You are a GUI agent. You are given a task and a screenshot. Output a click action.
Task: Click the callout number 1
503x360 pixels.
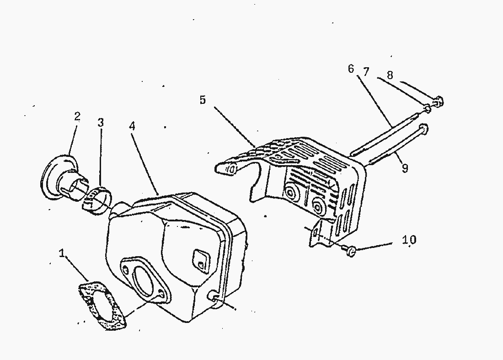coord(62,253)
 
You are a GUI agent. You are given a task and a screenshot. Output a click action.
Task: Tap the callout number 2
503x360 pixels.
coord(77,117)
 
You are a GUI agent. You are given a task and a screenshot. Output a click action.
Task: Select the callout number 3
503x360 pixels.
coord(101,123)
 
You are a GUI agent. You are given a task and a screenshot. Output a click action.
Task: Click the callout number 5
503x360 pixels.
coord(203,100)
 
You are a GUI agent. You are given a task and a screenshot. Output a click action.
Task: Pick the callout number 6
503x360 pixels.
coord(351,69)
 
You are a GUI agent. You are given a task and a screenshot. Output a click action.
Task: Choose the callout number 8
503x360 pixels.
coord(390,75)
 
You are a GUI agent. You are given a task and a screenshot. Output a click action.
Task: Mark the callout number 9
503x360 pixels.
coord(404,168)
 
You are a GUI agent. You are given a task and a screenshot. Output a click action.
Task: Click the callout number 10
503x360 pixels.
coord(409,240)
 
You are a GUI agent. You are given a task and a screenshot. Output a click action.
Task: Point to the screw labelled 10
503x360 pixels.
coord(351,250)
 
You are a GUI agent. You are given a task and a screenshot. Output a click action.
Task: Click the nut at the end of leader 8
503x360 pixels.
coord(438,102)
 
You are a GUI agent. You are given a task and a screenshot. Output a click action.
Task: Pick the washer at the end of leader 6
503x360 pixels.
coord(427,108)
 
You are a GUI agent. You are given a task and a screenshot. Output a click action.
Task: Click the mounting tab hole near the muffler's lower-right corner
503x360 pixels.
coord(212,297)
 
